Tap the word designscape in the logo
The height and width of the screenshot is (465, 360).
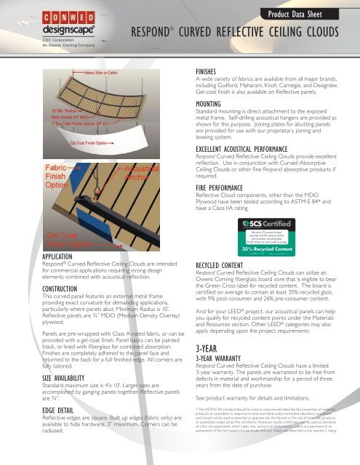(38, 31)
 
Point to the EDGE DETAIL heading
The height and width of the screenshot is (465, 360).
(29, 429)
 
